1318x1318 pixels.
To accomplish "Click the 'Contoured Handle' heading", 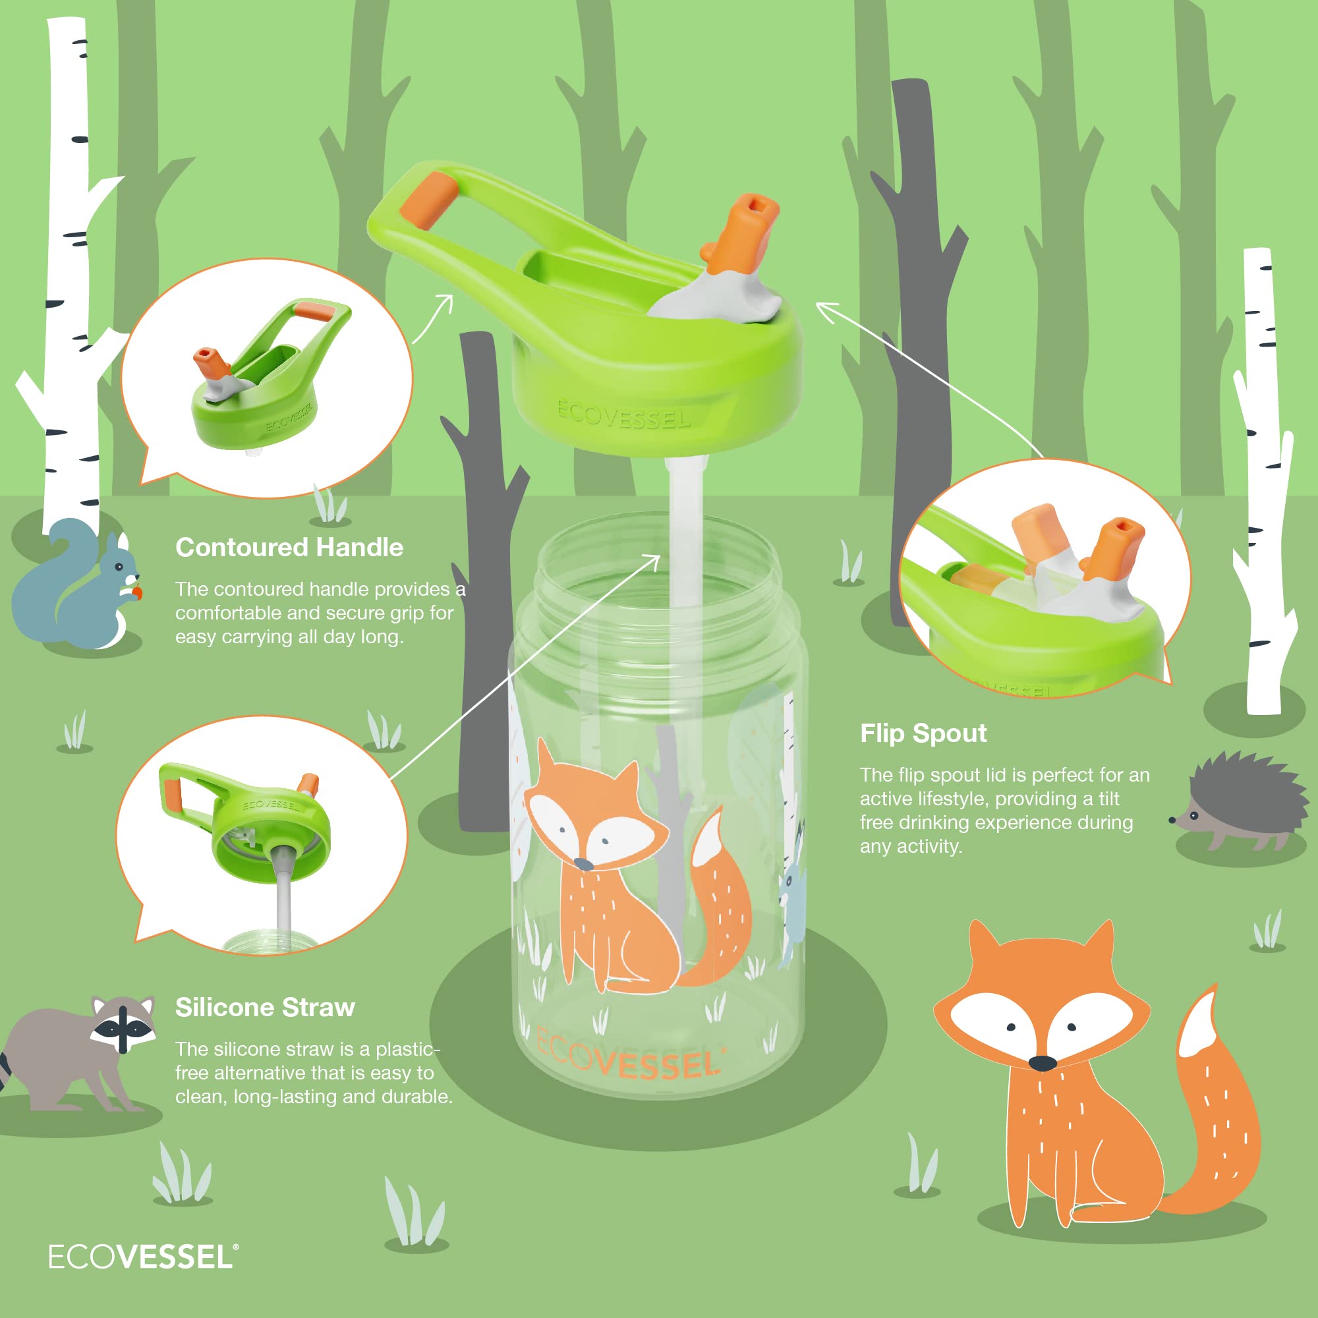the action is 289,548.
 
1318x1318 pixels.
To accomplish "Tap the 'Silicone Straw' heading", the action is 266,1008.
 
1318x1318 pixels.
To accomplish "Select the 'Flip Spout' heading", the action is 923,733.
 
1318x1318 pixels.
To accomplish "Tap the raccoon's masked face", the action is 123,1025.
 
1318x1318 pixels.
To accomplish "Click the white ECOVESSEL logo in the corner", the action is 143,1257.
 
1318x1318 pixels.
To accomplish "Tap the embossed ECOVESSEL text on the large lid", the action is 623,415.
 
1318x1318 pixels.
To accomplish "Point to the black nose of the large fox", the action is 1042,1063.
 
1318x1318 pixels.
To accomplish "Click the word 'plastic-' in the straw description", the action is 408,1050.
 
